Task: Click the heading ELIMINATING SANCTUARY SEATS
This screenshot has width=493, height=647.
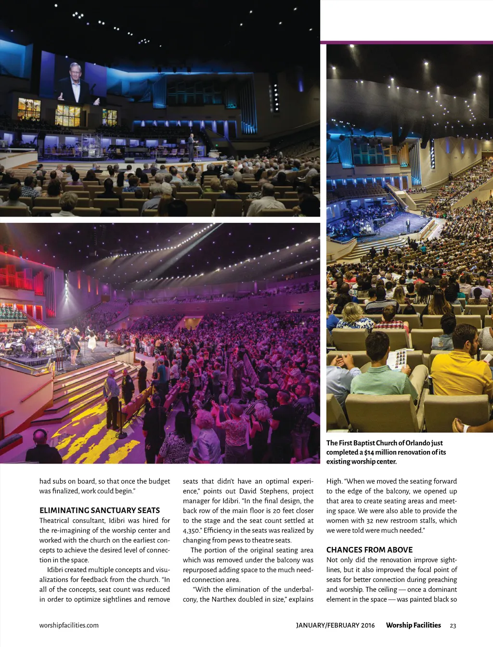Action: click(99, 510)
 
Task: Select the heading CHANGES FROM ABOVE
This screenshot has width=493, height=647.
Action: click(369, 550)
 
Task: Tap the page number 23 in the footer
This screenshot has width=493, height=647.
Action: click(453, 625)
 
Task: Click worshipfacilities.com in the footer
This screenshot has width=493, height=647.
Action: click(69, 625)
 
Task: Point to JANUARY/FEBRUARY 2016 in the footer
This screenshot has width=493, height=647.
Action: click(335, 625)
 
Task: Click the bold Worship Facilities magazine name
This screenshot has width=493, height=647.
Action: click(413, 625)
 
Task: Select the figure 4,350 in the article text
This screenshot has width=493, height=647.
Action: click(192, 531)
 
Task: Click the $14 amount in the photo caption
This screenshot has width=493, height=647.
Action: click(369, 453)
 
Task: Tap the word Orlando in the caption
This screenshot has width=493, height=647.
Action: click(417, 443)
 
